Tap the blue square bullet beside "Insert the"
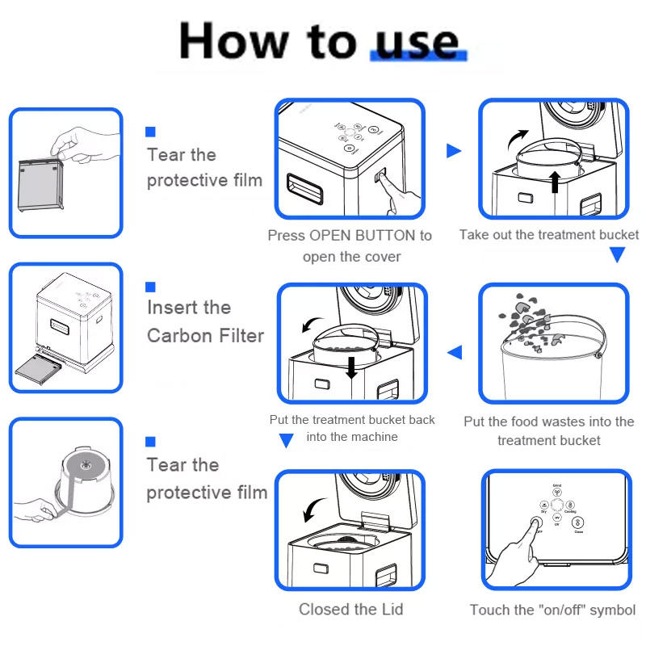[150, 287]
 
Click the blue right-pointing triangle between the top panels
[454, 151]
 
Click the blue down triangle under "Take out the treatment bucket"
[618, 256]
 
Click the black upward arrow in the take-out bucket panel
[554, 181]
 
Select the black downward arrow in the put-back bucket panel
[351, 367]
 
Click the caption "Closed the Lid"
[350, 610]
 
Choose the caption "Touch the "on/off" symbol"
[553, 610]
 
